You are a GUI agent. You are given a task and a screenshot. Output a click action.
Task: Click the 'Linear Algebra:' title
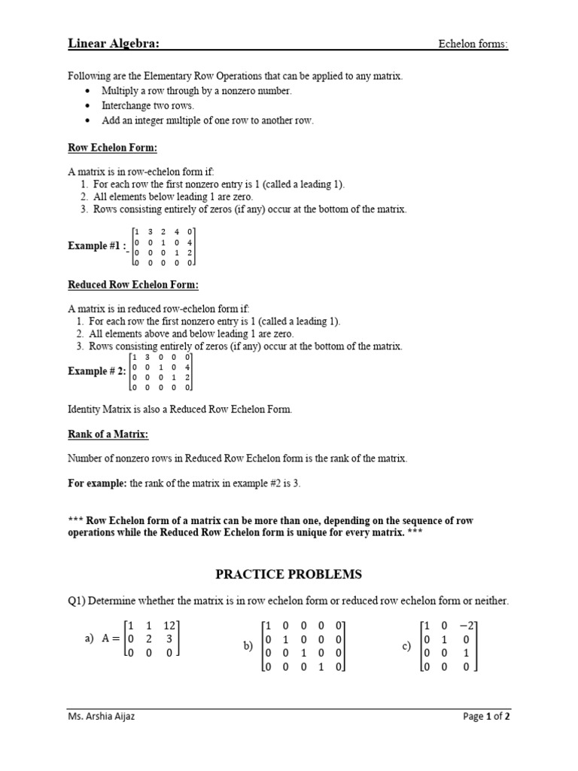[114, 44]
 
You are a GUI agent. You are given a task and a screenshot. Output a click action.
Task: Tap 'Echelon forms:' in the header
[473, 44]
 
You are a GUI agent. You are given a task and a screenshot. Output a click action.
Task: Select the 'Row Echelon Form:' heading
[112, 148]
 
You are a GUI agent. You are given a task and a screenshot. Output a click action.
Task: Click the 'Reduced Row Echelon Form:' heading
[133, 285]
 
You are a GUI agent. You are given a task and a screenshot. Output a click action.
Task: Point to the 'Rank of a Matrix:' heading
[108, 434]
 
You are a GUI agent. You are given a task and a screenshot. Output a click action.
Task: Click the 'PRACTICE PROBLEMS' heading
[289, 574]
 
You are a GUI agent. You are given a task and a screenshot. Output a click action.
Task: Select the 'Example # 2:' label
[97, 370]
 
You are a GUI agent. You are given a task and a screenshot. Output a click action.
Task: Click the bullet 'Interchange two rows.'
[148, 105]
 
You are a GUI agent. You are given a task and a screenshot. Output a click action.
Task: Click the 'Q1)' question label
[78, 601]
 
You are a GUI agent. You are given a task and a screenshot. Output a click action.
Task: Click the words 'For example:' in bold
[97, 483]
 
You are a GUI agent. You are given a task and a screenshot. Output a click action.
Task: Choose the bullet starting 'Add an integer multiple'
[207, 120]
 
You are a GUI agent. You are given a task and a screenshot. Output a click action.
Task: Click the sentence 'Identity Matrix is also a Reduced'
[179, 410]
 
